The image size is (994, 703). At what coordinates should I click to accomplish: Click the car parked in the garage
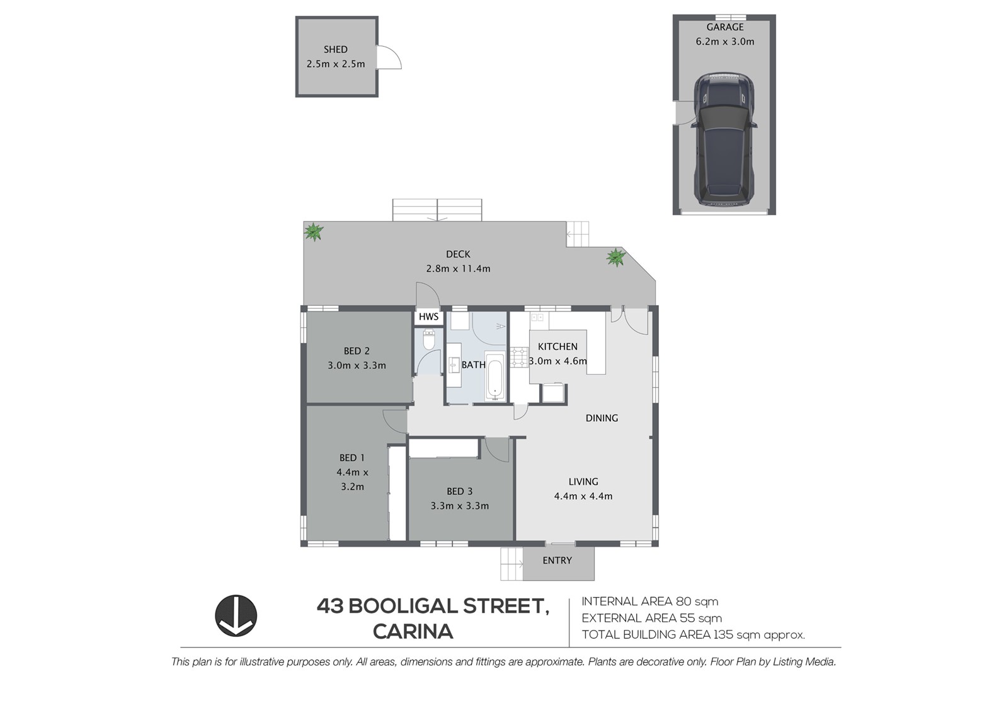(x=724, y=139)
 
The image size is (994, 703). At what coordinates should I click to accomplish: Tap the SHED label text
(x=336, y=49)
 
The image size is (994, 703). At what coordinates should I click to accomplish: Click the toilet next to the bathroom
(x=429, y=339)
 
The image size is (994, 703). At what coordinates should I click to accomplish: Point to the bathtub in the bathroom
(x=494, y=375)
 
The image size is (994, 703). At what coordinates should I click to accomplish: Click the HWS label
(x=429, y=317)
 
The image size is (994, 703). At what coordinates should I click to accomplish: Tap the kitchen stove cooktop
(x=519, y=357)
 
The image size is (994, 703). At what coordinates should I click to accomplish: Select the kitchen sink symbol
(x=537, y=318)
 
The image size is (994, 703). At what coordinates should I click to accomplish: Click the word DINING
(x=602, y=418)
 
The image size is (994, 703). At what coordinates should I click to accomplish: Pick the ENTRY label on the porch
(x=557, y=561)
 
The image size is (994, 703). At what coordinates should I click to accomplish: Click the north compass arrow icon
(x=236, y=616)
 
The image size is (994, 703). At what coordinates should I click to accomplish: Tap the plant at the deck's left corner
(x=314, y=232)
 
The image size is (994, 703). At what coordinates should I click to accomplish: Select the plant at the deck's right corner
(x=616, y=257)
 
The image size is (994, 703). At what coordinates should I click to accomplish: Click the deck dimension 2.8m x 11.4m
(x=459, y=269)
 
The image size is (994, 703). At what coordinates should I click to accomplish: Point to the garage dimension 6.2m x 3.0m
(x=725, y=42)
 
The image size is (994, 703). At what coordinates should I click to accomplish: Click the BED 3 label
(x=460, y=491)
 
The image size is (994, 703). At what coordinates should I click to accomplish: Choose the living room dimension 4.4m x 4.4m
(x=583, y=496)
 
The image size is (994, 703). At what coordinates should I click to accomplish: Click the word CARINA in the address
(x=413, y=632)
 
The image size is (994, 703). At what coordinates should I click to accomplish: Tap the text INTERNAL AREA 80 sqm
(x=650, y=601)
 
